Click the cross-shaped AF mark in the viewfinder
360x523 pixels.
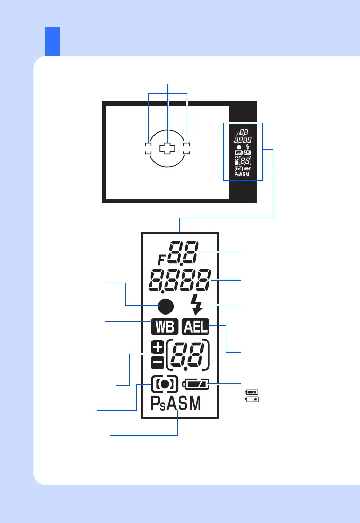[167, 149]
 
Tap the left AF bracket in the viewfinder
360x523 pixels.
[148, 149]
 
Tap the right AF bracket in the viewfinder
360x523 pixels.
[186, 149]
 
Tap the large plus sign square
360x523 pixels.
[158, 347]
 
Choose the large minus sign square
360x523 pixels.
[158, 362]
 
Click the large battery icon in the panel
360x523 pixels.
[198, 384]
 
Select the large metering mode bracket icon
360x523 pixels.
[165, 384]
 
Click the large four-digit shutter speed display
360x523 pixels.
[180, 280]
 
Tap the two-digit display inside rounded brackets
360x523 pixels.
[188, 355]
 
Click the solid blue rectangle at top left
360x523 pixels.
[53, 41]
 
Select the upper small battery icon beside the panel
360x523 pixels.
[252, 392]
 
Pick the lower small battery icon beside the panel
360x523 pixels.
[252, 399]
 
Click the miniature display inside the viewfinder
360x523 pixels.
[243, 151]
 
